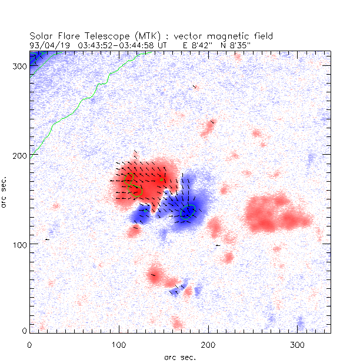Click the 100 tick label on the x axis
(x=119, y=343)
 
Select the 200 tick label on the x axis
(x=208, y=343)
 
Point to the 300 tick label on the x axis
(x=297, y=343)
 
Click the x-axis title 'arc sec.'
(x=180, y=357)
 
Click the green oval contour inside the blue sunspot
(x=188, y=212)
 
